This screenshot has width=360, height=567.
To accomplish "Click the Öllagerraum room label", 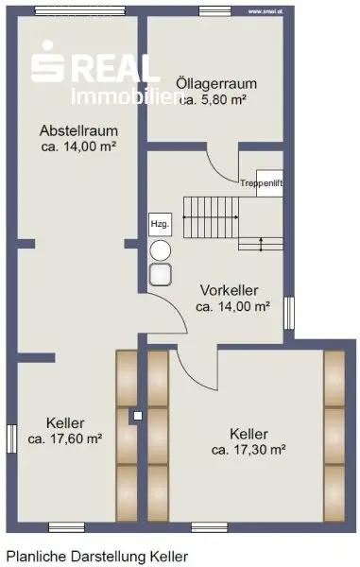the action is (x=216, y=84).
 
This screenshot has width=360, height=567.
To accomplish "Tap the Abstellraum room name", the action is (x=78, y=130).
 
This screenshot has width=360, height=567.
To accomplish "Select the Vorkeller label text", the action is (x=230, y=290).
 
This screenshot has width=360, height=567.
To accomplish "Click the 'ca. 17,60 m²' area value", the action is (x=65, y=438).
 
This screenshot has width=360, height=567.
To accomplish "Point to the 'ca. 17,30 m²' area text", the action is (x=249, y=450).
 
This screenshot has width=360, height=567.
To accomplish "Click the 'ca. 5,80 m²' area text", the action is (x=213, y=99).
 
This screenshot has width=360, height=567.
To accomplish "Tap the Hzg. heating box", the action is (x=160, y=224).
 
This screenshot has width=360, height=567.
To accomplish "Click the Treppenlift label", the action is (x=262, y=183).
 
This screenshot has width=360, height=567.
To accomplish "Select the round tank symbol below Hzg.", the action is (x=160, y=250).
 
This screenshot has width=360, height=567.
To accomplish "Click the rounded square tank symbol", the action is (x=160, y=274).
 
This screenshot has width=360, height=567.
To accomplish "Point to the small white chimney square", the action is (x=138, y=416).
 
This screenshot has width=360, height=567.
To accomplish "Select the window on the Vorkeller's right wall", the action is (x=289, y=313).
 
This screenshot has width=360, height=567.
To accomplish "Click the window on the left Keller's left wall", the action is (x=12, y=438).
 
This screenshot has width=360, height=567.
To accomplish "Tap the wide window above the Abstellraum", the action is (x=80, y=10).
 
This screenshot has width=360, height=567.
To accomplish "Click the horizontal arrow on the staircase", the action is (x=211, y=217).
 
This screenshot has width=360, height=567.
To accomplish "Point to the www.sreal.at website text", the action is (x=266, y=11).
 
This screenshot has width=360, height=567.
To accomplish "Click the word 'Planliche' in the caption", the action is (x=37, y=557).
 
